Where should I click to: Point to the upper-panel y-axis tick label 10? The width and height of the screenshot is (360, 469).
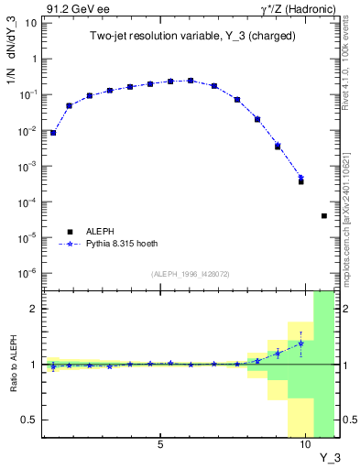click(x=28, y=23)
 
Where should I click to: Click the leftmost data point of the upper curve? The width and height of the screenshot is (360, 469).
click(x=53, y=133)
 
